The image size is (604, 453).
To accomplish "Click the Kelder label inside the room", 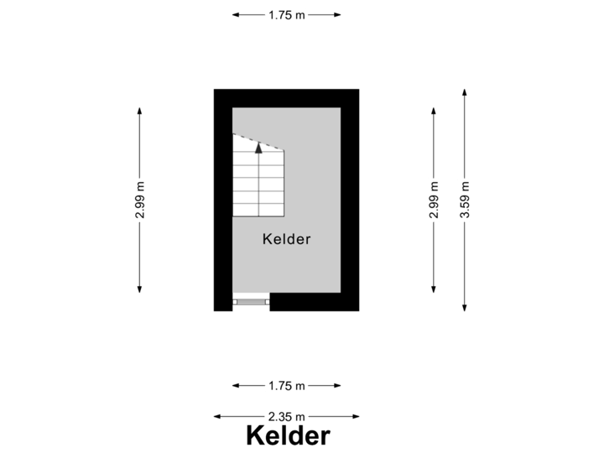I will tap(286, 239).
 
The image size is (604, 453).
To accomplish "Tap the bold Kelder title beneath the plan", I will tap(288, 436).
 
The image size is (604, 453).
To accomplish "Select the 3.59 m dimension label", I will tap(464, 200).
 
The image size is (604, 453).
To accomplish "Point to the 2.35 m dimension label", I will tap(286, 416).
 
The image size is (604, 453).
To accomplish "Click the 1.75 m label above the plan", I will tap(286, 14).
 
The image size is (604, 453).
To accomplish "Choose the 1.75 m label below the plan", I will tap(286, 386).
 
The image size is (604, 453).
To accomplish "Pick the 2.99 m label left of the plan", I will tap(139, 200).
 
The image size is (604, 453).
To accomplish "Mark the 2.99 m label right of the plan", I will tap(433, 200).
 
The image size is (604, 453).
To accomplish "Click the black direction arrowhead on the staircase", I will tap(258, 148).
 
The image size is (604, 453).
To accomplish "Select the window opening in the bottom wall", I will tap(251, 301).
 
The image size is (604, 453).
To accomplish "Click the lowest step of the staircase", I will tap(258, 209).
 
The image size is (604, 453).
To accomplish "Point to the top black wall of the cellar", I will tap(286, 97).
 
